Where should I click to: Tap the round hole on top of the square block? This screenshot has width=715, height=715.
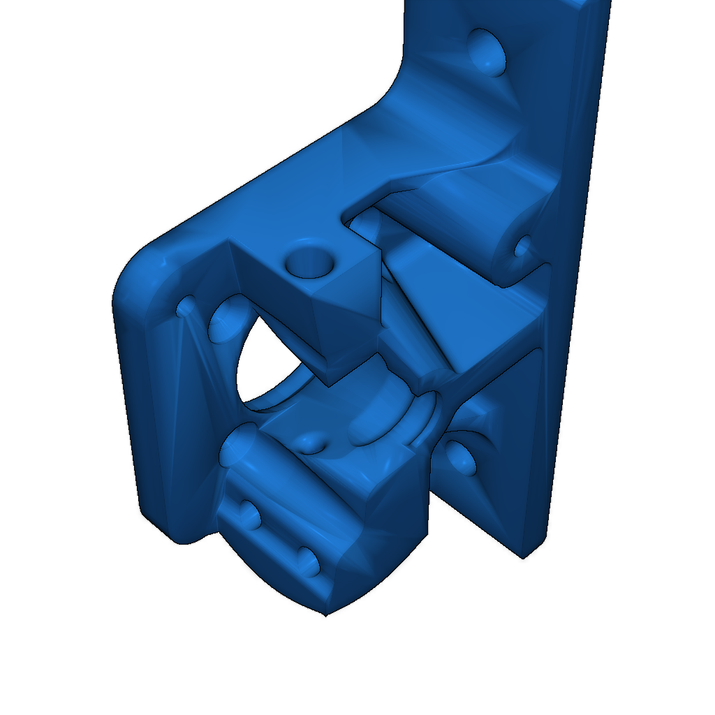309,260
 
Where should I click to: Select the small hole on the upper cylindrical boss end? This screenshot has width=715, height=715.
522,246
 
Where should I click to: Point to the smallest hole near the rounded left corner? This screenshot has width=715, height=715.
187,307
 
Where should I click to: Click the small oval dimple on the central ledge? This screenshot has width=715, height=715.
309,443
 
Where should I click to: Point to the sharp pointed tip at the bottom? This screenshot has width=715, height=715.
325,614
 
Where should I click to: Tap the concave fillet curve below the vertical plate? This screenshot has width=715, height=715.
395,84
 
